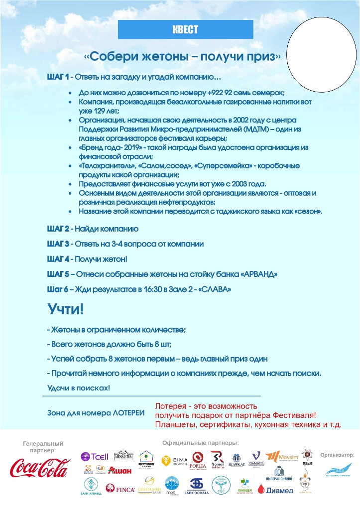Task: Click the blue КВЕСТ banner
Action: click(184, 30)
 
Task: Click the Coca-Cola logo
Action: click(40, 468)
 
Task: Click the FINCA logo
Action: click(120, 490)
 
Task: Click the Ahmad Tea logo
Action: click(123, 455)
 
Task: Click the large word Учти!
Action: click(66, 309)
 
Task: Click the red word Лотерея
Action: click(172, 406)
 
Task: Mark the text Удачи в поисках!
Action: click(78, 387)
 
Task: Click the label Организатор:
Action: click(337, 454)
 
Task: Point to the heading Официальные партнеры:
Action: click(201, 443)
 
